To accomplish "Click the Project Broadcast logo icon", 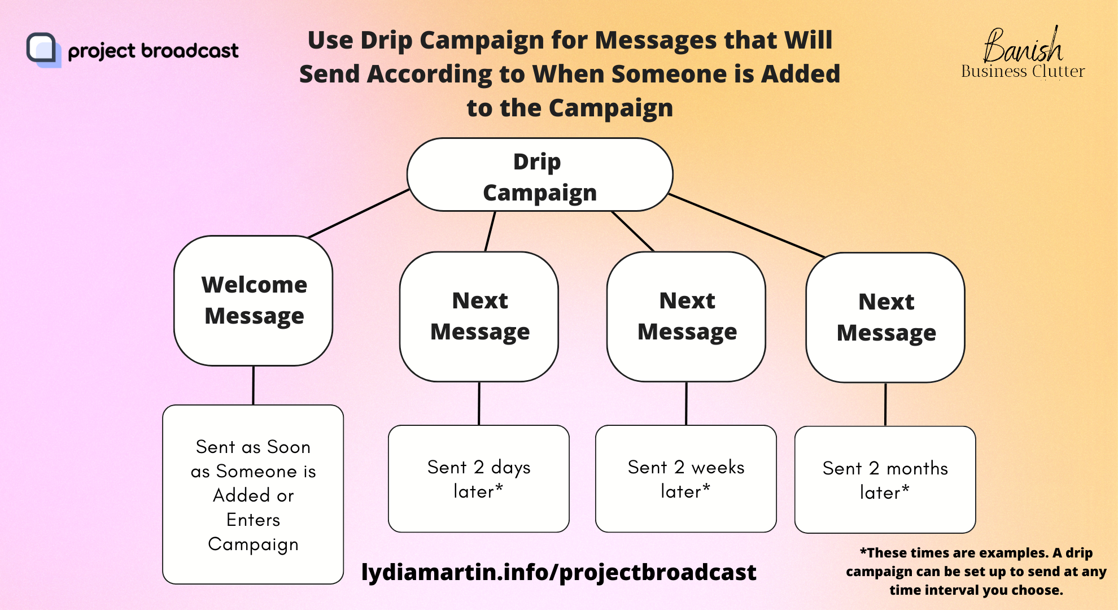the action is (43, 50).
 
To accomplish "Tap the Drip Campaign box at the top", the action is (540, 175).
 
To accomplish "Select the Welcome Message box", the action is (254, 300).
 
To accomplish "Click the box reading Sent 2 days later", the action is (479, 478).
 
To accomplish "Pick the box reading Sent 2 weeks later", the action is (686, 478).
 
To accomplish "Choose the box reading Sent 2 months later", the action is (885, 480).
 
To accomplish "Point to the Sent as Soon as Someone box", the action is (253, 494).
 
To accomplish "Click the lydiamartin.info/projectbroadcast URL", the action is (558, 572).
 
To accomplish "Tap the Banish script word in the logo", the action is (1023, 45).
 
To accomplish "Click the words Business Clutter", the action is (1023, 71).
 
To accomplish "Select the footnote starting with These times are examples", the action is (976, 571).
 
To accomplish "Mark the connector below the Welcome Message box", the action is (254, 385).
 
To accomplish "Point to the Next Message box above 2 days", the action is (479, 316).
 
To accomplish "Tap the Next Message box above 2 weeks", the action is (686, 316).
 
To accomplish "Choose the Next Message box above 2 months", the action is (885, 317).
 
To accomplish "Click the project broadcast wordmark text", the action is (153, 51).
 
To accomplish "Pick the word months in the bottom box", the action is (917, 468).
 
